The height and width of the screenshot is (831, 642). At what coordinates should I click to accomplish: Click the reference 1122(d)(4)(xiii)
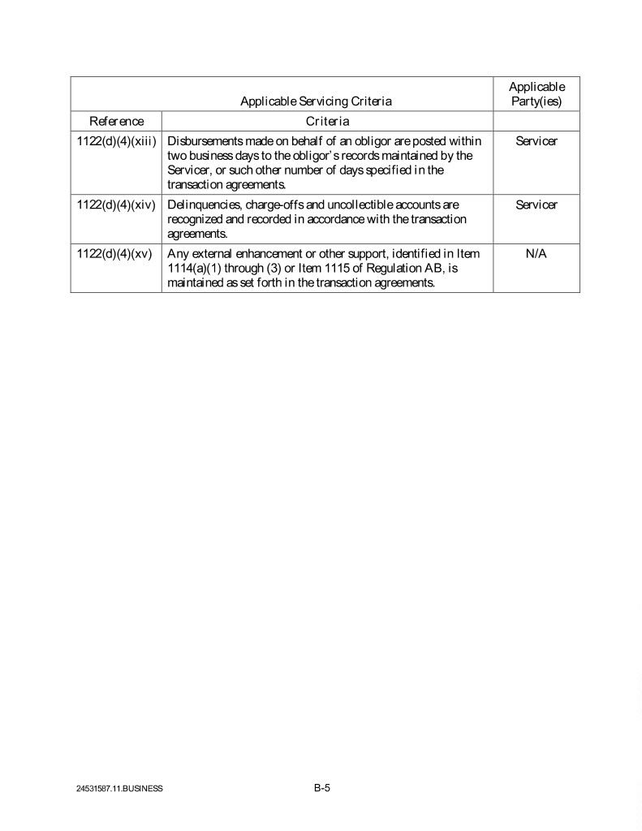point(116,141)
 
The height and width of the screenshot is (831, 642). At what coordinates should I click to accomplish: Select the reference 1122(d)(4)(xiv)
point(116,205)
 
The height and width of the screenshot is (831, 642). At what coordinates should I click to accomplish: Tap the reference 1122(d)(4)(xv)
point(115,254)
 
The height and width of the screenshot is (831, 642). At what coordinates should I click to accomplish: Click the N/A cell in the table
point(536,254)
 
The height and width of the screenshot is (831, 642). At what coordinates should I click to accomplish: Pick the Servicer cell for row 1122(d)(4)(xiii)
point(536,141)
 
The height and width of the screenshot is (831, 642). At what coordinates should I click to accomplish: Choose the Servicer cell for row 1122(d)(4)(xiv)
point(536,205)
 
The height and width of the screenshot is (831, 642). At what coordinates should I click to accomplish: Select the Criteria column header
point(327,121)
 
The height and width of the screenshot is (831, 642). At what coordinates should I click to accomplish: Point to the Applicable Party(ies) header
point(536,94)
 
